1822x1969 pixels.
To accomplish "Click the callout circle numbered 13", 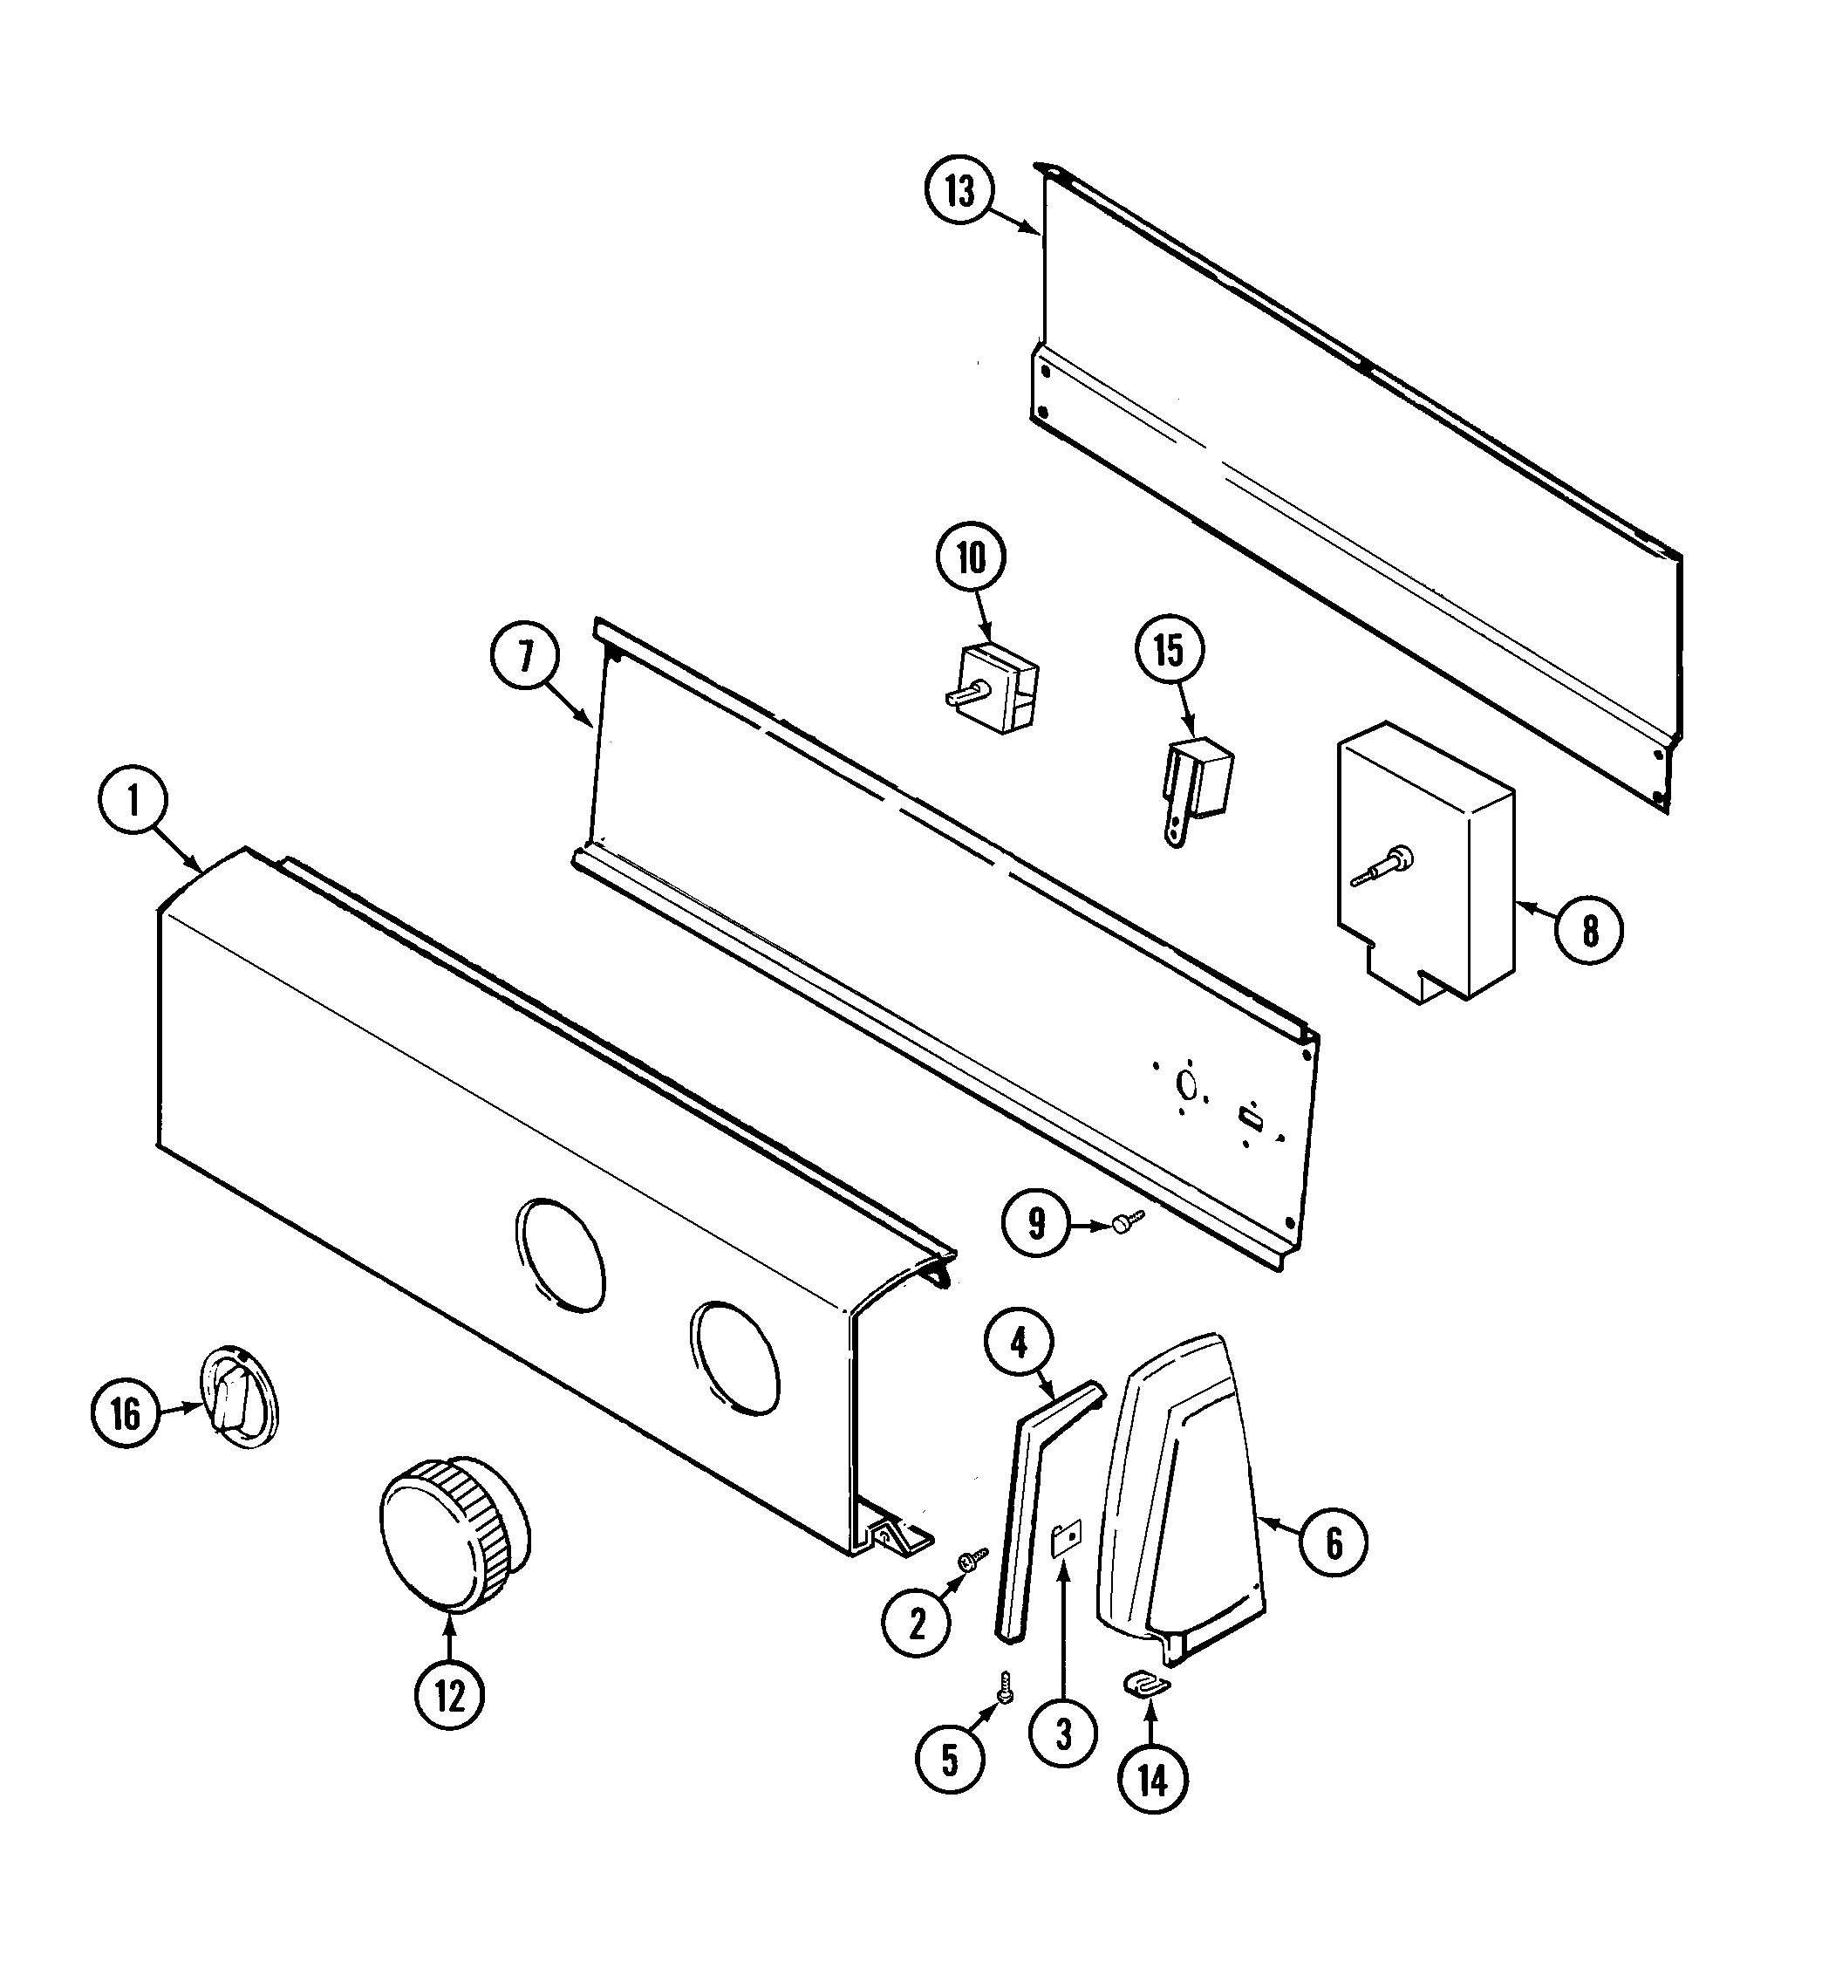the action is (959, 191).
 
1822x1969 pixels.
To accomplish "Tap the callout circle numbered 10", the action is (971, 558).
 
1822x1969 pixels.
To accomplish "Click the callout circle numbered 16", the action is (126, 1414).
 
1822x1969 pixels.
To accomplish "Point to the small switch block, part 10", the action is (993, 687).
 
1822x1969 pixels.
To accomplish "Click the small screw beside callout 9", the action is (1127, 1221).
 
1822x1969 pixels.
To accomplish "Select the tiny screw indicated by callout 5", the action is (1005, 1686).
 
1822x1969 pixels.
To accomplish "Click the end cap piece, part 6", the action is (1183, 1499).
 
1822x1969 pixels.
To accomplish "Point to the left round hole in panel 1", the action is (560, 1256).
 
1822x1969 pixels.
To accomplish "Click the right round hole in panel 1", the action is (734, 1358).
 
